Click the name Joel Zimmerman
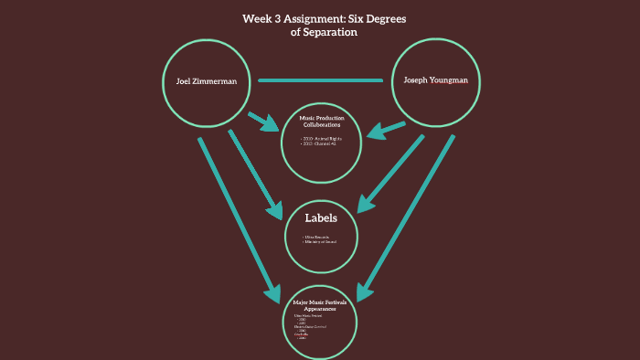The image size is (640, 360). click(x=207, y=81)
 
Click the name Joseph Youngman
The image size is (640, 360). click(x=435, y=80)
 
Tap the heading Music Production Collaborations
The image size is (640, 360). click(x=320, y=122)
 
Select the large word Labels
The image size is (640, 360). click(x=321, y=218)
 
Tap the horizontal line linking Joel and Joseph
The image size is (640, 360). click(x=320, y=80)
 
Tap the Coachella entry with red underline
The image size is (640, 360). click(x=302, y=334)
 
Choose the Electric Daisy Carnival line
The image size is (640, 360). click(x=310, y=326)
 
